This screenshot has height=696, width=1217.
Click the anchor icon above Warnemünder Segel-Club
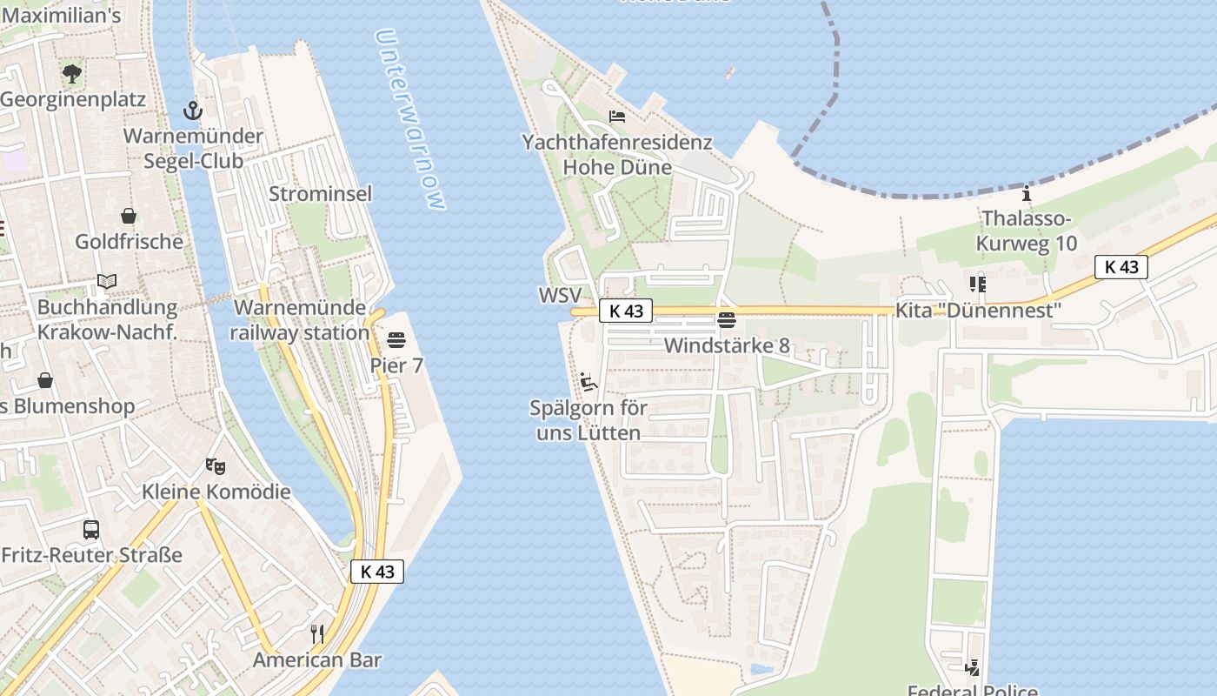coord(192,110)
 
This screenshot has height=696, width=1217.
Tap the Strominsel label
coord(320,193)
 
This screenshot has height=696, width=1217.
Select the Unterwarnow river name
coord(410,119)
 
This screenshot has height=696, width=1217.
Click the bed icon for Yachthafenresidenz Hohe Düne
coord(617,117)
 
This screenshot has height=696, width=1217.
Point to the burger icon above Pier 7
coord(396,339)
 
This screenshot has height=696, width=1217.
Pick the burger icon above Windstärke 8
coord(727,319)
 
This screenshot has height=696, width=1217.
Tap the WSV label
coord(559,295)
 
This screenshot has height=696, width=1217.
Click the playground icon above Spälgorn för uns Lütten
coord(589,381)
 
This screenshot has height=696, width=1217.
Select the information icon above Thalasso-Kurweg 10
coord(1027,193)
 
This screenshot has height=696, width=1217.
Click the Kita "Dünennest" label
coord(979,311)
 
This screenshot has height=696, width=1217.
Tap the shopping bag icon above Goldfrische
coord(129,215)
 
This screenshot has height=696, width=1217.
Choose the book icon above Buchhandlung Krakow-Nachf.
coord(107,281)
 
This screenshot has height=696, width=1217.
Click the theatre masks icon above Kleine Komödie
coord(216,465)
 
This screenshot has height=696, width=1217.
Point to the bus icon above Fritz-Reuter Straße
coord(91,529)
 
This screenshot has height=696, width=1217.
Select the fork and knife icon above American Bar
coord(317,633)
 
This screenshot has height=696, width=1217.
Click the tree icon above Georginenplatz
coord(72,74)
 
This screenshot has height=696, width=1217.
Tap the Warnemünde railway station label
coord(301,320)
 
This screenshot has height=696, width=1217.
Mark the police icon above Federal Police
coord(973,667)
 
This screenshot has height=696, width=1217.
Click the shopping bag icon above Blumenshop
coord(44,380)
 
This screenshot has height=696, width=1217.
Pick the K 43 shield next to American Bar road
coord(377,572)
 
